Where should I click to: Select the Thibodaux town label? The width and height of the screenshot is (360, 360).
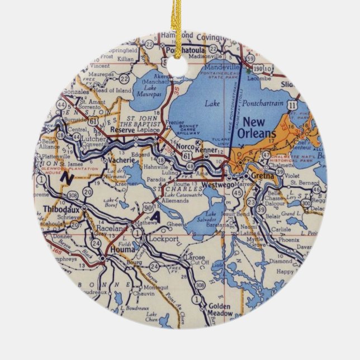point(57,210)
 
